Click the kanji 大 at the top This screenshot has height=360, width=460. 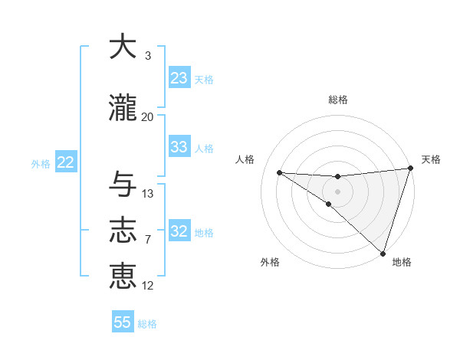(123, 47)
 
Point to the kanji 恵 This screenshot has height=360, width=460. (123, 276)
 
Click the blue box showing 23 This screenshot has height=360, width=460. (179, 78)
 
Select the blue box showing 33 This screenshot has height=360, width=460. (179, 147)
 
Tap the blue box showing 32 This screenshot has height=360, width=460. (179, 231)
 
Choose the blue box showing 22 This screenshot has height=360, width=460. (65, 162)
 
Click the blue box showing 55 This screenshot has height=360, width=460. (123, 322)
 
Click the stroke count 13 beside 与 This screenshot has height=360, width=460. (148, 193)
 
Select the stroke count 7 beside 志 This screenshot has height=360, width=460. (148, 240)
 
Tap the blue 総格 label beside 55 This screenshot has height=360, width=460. (147, 324)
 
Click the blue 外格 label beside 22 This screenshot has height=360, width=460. (41, 163)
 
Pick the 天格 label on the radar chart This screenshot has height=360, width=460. (431, 159)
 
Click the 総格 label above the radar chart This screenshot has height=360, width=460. (338, 100)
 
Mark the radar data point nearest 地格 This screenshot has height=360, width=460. (383, 253)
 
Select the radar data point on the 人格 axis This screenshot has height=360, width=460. (279, 172)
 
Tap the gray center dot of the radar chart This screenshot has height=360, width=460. (337, 190)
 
